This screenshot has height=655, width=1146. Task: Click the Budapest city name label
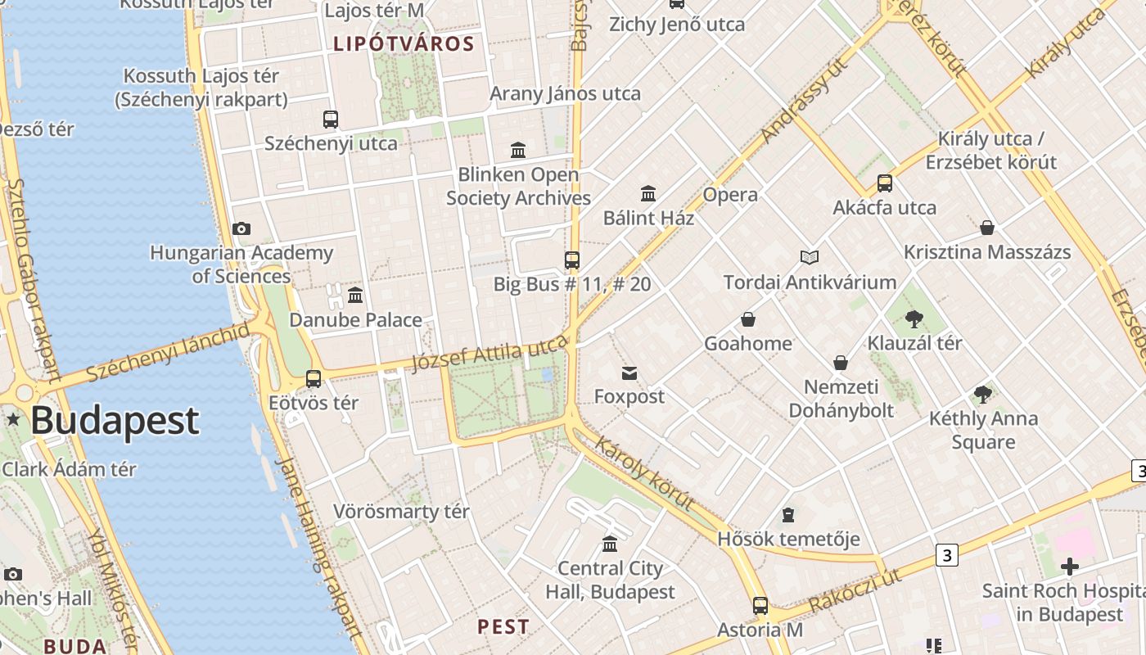click(115, 421)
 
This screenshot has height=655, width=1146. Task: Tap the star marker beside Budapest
click(13, 419)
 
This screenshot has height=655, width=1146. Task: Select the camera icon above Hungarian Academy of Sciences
click(241, 229)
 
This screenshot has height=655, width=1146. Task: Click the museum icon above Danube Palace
click(355, 295)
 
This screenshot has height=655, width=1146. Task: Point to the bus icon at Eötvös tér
click(314, 378)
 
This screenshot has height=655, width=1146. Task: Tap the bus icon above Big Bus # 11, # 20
click(572, 260)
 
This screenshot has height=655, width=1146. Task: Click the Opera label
click(730, 195)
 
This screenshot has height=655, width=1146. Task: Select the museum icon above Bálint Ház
click(648, 193)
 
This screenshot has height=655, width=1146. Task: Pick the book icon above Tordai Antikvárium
click(810, 257)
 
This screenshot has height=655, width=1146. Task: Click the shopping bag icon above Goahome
click(748, 318)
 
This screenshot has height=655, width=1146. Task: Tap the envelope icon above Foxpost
click(629, 373)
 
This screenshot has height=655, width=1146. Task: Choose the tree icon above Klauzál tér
click(914, 318)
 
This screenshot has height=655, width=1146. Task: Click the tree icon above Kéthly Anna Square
click(983, 395)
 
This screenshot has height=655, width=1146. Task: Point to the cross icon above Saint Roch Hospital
click(1069, 566)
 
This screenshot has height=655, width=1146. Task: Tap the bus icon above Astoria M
click(760, 606)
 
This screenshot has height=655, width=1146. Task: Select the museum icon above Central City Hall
click(610, 544)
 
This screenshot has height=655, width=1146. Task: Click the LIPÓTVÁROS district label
click(404, 44)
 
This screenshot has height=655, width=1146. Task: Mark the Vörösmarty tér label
click(401, 512)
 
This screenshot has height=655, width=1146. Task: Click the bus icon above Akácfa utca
click(885, 183)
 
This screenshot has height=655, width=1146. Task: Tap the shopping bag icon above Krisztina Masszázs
click(987, 227)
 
